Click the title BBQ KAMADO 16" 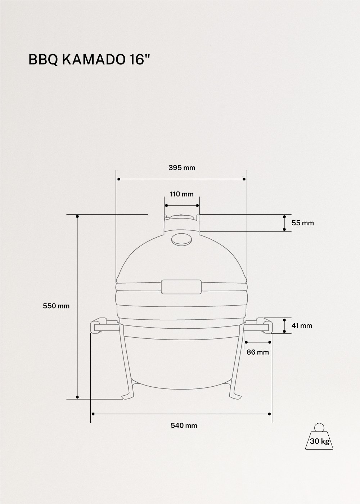coord(89,60)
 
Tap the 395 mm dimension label coord(182,167)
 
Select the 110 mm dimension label coord(182,194)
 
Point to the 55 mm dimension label coord(302,223)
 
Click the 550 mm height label coord(56,306)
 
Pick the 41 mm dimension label coord(302,326)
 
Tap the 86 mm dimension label coord(258,352)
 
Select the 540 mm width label coord(184,425)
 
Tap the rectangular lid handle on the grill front coord(181,287)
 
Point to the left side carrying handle coord(102,326)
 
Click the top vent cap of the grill coord(181,217)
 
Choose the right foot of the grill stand coord(236,396)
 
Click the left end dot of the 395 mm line coord(118,179)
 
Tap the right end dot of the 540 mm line coord(270,414)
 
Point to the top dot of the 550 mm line coord(77,216)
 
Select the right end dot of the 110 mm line coord(198,205)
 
